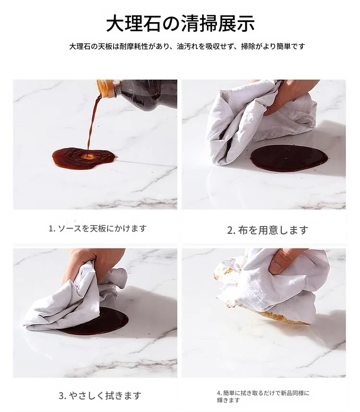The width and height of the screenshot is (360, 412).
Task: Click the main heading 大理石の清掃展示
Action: [180, 24]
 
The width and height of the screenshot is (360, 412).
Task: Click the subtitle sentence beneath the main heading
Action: [187, 47]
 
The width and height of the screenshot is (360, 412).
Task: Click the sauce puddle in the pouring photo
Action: [84, 158]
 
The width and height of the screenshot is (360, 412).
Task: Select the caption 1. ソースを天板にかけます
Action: [97, 229]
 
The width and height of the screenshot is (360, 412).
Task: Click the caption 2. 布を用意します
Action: [267, 230]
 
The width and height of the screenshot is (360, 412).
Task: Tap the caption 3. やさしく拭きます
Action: [100, 396]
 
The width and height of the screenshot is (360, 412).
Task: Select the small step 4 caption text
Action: [263, 397]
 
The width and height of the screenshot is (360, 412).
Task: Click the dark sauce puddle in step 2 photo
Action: [289, 159]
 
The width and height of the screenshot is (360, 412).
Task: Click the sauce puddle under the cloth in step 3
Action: [105, 323]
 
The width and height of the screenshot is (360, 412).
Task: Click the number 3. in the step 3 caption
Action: [62, 396]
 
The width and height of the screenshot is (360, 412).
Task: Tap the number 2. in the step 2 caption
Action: [231, 230]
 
